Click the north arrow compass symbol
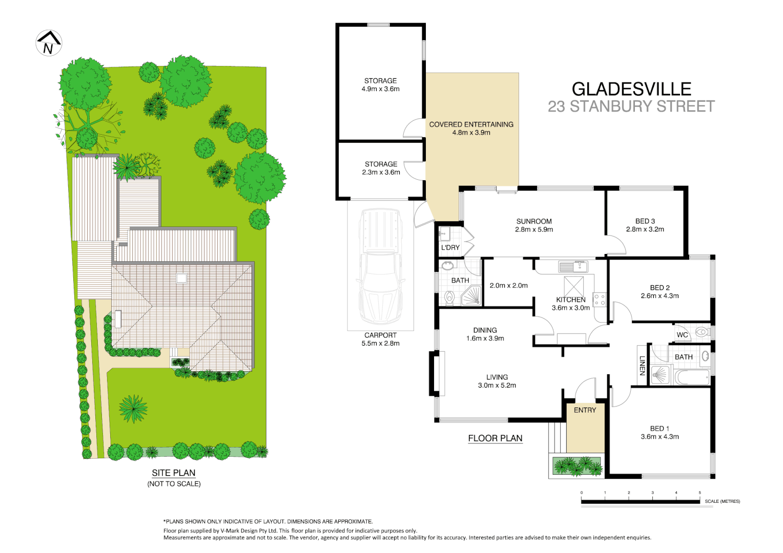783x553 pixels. tap(49, 43)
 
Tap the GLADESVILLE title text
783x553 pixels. tap(631, 89)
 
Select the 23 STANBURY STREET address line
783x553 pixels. tap(631, 107)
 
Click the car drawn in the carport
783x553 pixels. tap(380, 266)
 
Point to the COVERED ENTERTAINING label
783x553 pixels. tap(471, 124)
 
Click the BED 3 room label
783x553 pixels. tap(645, 221)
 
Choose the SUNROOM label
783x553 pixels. tap(534, 222)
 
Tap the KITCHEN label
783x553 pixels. tap(571, 300)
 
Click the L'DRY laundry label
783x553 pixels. tap(450, 248)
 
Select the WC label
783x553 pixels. tap(682, 335)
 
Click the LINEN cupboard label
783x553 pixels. tap(642, 366)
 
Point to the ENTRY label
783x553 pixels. tap(585, 410)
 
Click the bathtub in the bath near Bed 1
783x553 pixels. tap(692, 377)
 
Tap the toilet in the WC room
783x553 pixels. tap(702, 332)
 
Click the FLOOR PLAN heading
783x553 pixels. tap(495, 438)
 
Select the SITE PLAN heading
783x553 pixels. tap(174, 473)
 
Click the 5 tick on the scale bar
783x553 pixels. tap(699, 493)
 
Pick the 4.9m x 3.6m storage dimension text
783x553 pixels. tap(380, 89)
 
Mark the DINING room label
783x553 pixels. tap(485, 330)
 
